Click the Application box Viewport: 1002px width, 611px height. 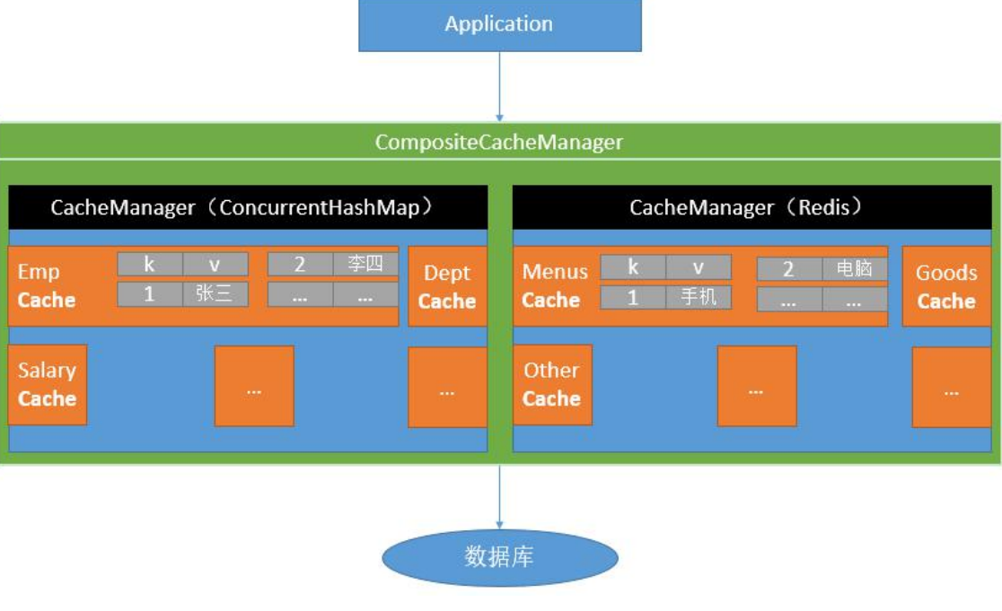pos(499,24)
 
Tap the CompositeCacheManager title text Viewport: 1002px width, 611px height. pos(499,142)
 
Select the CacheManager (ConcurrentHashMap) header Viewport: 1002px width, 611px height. pos(248,207)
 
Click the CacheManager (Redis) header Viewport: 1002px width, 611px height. pos(752,207)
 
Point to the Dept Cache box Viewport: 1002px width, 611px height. pos(447,286)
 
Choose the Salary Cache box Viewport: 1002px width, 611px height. pos(48,384)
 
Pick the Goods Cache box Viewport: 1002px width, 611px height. pos(946,286)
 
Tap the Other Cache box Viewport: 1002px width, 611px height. pos(551,384)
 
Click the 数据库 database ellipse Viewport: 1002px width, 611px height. pos(500,557)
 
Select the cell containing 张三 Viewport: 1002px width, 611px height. pos(215,294)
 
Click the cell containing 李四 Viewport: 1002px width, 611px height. pos(365,264)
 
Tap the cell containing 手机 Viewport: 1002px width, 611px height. pos(699,297)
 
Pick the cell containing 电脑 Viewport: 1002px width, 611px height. pos(855,268)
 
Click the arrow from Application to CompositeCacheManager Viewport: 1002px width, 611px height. pos(500,86)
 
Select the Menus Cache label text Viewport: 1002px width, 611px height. pos(555,286)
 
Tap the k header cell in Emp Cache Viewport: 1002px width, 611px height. pos(150,264)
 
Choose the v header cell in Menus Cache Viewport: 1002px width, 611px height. pos(699,267)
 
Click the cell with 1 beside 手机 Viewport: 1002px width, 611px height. pos(633,297)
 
